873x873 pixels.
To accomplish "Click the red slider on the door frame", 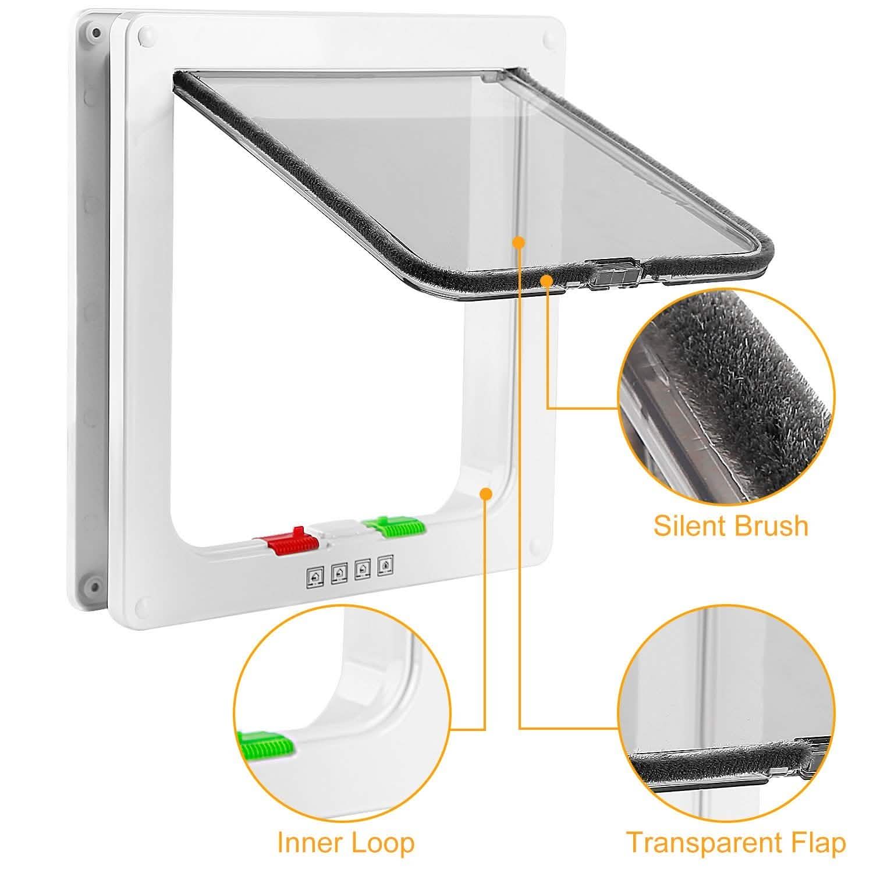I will [289, 541].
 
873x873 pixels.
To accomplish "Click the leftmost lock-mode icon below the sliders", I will [315, 576].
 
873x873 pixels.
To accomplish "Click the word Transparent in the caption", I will [702, 843].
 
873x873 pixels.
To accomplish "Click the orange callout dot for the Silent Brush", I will [546, 281].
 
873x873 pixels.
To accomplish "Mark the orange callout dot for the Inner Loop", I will [485, 494].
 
